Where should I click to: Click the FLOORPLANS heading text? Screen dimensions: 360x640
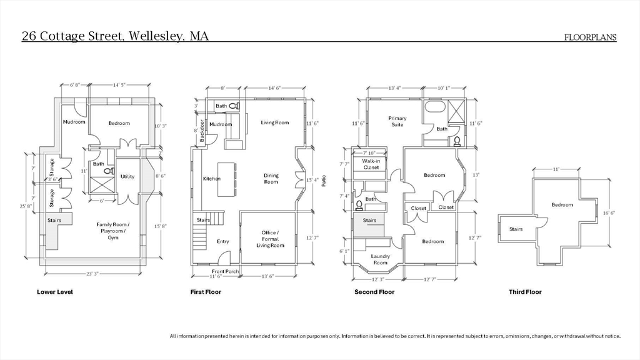(x=590, y=37)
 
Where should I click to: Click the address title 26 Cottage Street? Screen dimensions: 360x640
(x=115, y=36)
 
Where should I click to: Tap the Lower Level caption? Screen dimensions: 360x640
(x=55, y=292)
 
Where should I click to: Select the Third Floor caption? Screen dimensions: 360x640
(x=525, y=292)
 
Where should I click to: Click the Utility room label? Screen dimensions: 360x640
(x=127, y=177)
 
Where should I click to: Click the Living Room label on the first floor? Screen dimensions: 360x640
(x=275, y=123)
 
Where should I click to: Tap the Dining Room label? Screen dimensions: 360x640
(x=271, y=179)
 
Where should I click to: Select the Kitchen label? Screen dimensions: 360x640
(x=212, y=179)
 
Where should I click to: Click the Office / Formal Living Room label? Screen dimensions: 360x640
(x=270, y=239)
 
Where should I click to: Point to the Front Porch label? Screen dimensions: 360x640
(x=226, y=271)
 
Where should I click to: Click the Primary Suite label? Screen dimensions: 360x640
(x=397, y=121)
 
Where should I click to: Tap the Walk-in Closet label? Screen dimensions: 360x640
(x=371, y=164)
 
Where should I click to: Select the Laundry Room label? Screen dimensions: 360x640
(x=380, y=259)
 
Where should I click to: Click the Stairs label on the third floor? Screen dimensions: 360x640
(x=516, y=229)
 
